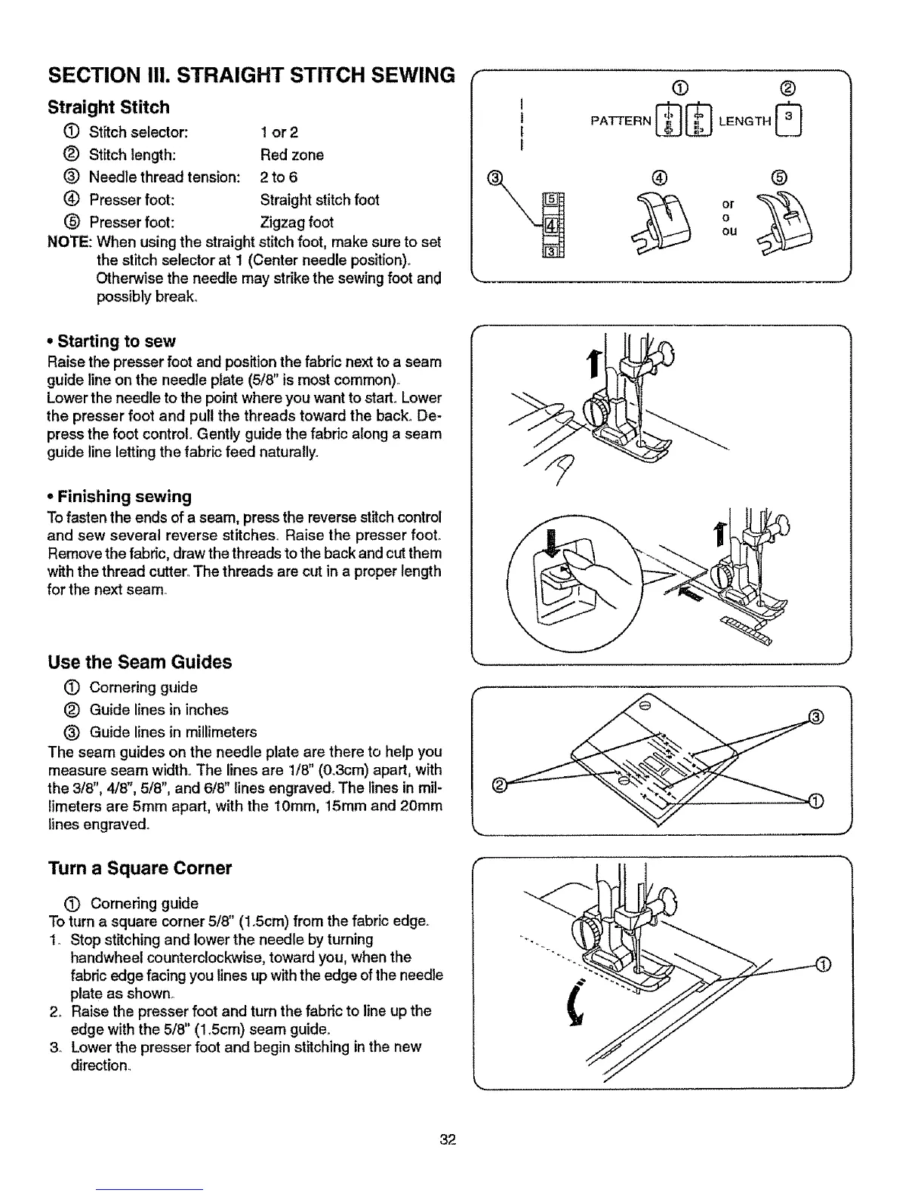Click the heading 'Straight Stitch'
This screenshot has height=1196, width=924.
[109, 107]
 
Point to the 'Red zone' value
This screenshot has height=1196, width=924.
[291, 155]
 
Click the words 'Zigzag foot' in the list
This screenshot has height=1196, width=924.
[296, 223]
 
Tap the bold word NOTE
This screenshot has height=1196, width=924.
[69, 242]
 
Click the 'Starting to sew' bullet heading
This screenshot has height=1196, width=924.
[116, 341]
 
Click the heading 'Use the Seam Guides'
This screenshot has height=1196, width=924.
[140, 662]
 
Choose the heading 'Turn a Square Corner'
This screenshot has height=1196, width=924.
[140, 868]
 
